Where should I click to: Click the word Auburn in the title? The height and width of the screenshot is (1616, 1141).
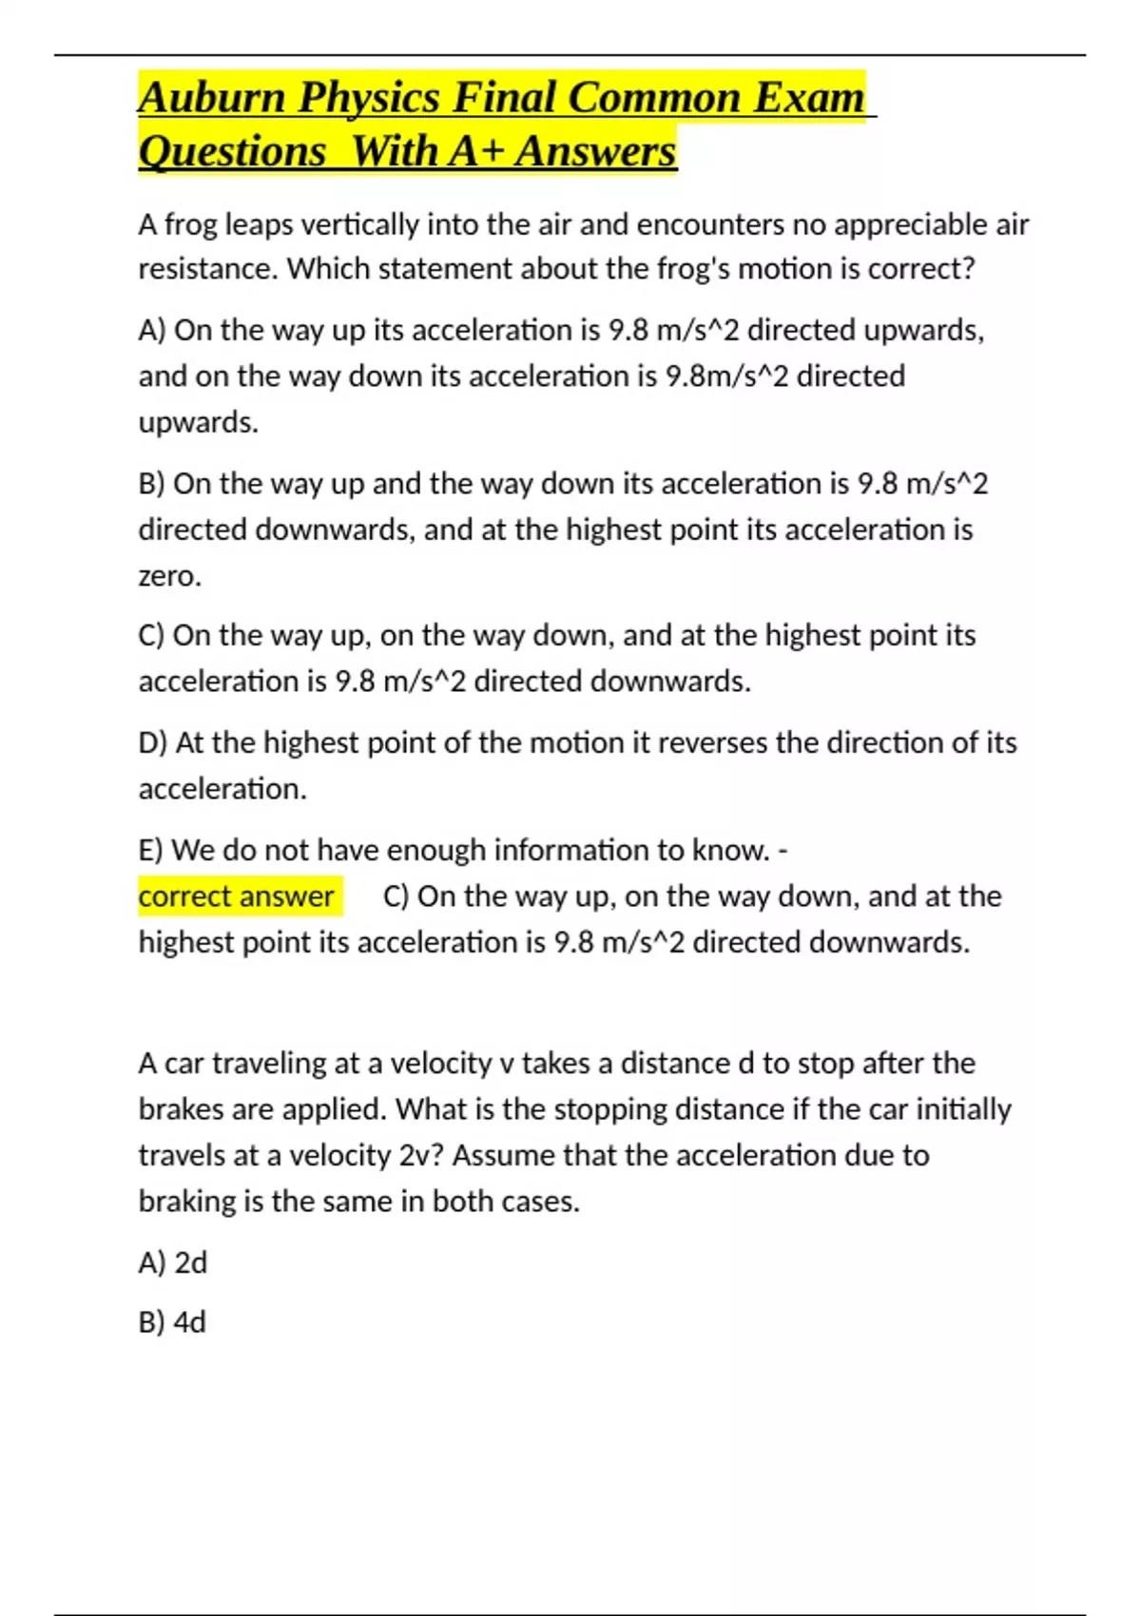211,98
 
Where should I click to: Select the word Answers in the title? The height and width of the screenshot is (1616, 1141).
595,151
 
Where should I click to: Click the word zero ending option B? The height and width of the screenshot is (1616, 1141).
168,576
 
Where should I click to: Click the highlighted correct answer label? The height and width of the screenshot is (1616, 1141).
237,896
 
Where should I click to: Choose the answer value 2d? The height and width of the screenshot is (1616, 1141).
190,1262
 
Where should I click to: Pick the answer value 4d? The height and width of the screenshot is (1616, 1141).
189,1322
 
